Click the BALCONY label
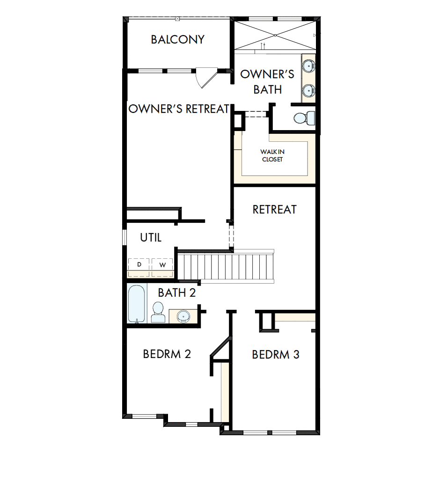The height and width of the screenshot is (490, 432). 177,39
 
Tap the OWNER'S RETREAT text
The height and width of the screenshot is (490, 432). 179,109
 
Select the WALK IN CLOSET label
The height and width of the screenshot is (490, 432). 272,155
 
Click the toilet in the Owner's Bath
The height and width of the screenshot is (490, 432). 303,118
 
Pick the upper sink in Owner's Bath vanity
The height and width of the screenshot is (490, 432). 308,66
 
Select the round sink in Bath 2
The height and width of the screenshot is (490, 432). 183,317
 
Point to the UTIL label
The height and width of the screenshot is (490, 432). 151,238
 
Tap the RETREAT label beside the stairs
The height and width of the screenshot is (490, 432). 274,209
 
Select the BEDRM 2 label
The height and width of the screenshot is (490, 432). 167,354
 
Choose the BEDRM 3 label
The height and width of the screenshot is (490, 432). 275,355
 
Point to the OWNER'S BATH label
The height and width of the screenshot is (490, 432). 267,81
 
